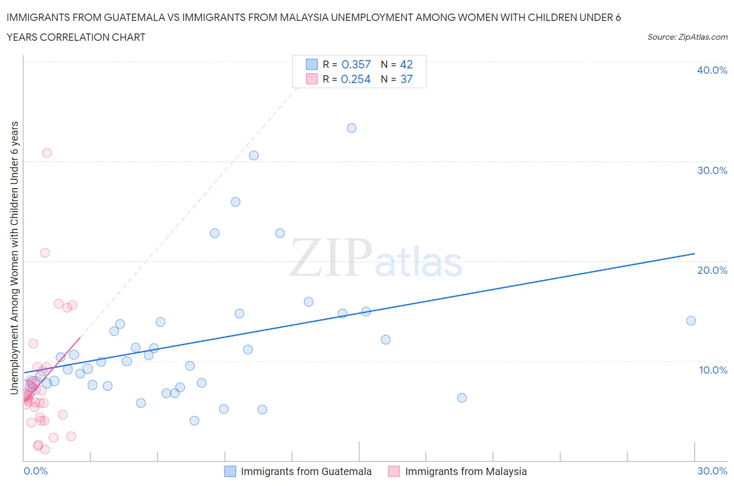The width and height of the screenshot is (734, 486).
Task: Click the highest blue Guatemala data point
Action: click(x=351, y=128)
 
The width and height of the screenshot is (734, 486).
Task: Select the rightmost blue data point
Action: click(x=691, y=321)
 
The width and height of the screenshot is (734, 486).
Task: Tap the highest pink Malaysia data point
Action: click(x=47, y=153)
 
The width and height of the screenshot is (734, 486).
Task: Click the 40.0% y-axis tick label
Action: click(x=712, y=70)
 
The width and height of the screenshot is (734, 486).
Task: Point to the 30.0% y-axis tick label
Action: click(x=712, y=170)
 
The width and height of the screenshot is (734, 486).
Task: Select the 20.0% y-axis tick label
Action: click(x=712, y=270)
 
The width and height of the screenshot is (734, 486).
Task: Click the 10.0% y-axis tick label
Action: click(x=713, y=370)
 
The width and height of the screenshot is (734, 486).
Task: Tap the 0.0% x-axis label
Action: click(x=35, y=471)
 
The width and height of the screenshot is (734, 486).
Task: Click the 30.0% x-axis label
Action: click(x=712, y=471)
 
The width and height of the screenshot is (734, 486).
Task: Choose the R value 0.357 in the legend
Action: click(x=356, y=64)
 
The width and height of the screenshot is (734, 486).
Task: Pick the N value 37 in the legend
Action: click(x=406, y=79)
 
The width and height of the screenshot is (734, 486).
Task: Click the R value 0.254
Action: click(x=356, y=79)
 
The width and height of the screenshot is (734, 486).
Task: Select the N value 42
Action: click(x=406, y=64)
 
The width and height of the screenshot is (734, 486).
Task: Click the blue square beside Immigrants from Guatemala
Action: click(x=230, y=471)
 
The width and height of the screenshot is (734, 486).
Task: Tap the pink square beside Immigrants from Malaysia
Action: click(x=394, y=471)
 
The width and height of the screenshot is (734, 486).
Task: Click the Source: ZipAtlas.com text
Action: click(x=687, y=37)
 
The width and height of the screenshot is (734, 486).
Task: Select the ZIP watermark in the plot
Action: click(x=330, y=257)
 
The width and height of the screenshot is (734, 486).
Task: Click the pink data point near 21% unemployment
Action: click(x=45, y=253)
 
